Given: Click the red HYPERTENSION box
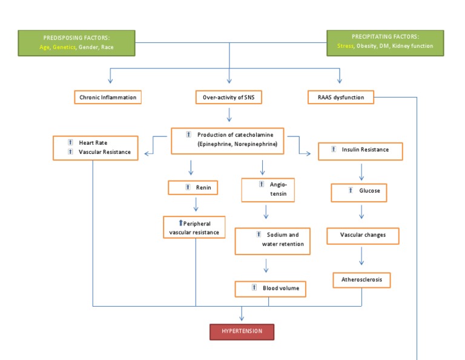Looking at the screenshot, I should coord(242,332).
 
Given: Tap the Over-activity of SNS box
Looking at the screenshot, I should coord(229,97).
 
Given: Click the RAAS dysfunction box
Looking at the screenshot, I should coord(340,97).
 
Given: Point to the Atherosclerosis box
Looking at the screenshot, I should coord(361,281).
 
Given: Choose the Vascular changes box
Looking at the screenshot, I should coord(363,235).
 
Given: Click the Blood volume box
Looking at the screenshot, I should coord(270,288).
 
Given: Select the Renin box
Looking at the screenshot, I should coord(193,188).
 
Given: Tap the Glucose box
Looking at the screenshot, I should coord(358,192).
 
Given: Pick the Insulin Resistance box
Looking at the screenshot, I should coord(360,150).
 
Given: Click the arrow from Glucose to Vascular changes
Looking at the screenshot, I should coord(361,212).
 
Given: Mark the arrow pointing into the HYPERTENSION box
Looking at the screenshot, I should coord(242,315).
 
